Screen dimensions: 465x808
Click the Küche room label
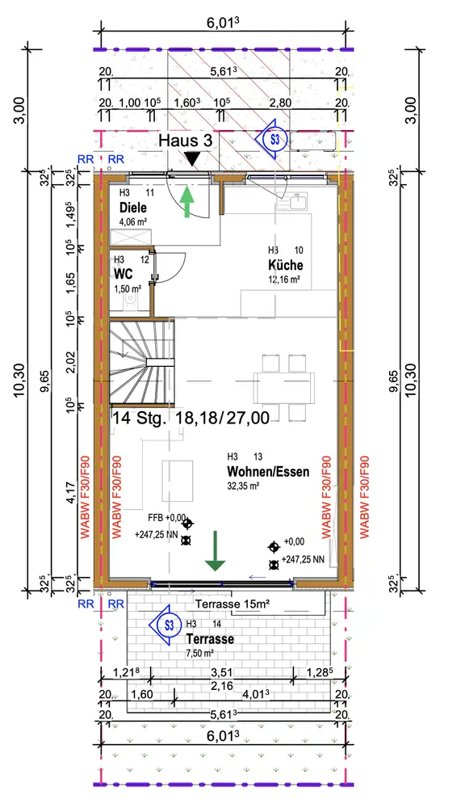coord(285,265)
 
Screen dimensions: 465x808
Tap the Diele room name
coord(133,208)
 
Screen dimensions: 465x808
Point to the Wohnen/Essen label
coord(268,472)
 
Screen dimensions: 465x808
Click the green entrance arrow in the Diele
coord(186,201)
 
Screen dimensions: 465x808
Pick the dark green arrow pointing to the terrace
coord(216,551)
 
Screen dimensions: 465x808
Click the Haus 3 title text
coord(186,140)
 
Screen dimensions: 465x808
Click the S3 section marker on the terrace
coord(167,625)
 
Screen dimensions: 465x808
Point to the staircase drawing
coord(141,360)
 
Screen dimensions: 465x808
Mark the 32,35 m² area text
coord(243,486)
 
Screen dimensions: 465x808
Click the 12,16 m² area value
coord(283,280)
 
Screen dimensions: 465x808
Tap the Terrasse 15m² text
coord(232,604)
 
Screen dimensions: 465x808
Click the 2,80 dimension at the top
coord(280,103)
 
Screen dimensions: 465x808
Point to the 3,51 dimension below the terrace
coord(221,672)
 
